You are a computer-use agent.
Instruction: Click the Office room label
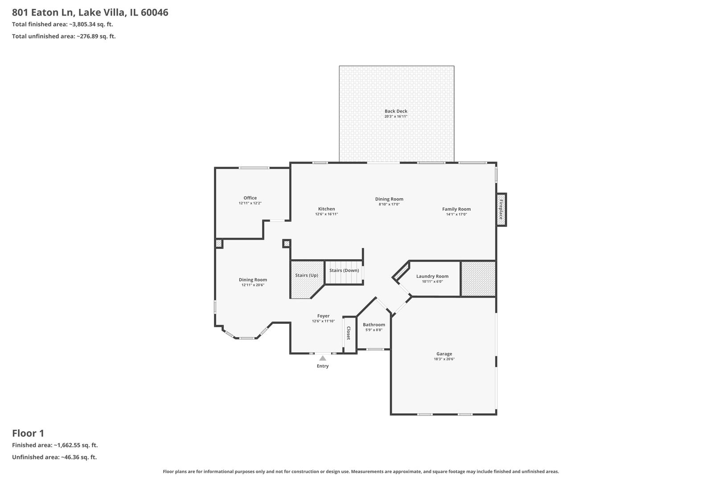coord(250,198)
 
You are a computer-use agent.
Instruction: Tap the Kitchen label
coord(326,209)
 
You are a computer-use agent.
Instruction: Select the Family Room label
coord(456,209)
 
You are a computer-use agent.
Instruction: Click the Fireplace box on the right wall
coord(501,210)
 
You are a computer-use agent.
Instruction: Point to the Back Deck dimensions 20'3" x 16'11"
coord(396,117)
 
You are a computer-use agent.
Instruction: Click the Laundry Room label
coord(432,276)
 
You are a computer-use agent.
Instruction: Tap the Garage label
coord(444,354)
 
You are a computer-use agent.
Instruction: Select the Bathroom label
coord(373,325)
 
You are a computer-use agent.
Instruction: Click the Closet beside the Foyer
coord(349,333)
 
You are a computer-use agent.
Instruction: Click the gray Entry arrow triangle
coord(323,358)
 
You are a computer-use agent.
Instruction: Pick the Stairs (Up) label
coord(306,275)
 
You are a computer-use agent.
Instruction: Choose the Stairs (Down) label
coord(344,270)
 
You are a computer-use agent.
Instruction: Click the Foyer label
coord(323,316)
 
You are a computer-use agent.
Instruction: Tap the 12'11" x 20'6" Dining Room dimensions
coord(253,285)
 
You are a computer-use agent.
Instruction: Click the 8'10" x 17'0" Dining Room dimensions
coord(389,204)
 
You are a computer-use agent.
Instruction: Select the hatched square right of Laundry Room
coord(478,279)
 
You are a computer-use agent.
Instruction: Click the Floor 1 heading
coord(28,433)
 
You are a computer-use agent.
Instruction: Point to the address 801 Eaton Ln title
coord(90,12)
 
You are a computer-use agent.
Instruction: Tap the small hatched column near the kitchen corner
coord(287,243)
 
